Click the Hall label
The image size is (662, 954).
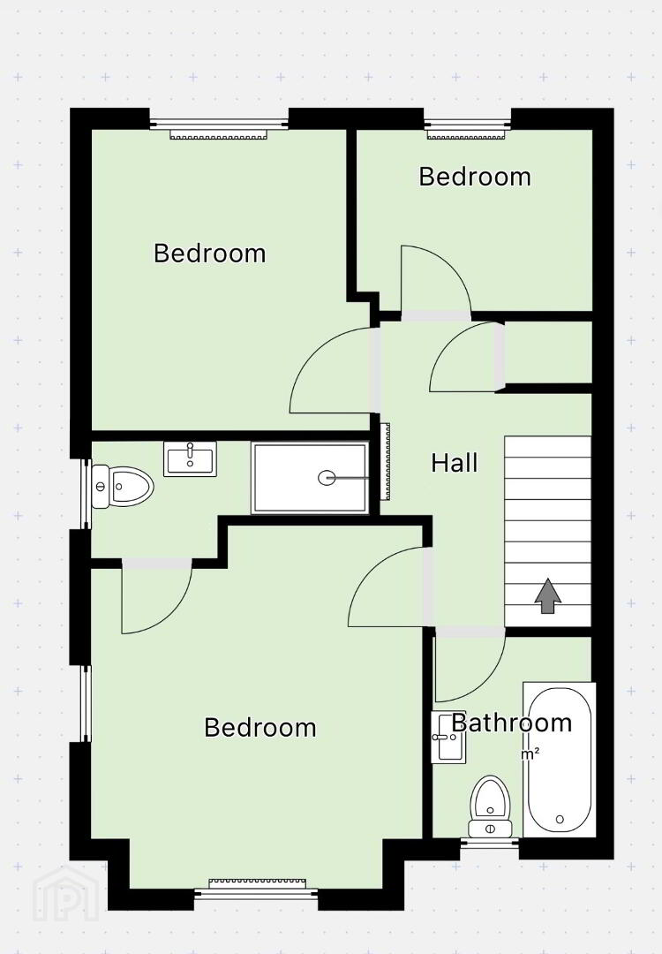454,463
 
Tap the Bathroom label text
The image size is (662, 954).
512,723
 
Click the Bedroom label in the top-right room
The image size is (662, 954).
475,177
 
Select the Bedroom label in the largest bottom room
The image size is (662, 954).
260,727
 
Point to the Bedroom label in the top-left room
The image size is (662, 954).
210,254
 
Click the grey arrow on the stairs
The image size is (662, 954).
548,595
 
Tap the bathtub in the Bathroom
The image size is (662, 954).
560,760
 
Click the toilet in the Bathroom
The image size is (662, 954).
491,806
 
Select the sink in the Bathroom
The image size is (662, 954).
448,737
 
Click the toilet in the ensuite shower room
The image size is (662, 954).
122,487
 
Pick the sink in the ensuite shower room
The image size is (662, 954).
190,458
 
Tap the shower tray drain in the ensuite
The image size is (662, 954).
327,478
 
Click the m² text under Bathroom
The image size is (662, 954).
530,753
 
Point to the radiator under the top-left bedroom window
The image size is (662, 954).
218,134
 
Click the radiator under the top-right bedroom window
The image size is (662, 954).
467,134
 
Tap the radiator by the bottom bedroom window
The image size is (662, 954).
257,883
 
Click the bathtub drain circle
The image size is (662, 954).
560,820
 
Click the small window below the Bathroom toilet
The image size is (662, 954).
490,843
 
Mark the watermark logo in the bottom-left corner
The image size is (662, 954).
65,894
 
